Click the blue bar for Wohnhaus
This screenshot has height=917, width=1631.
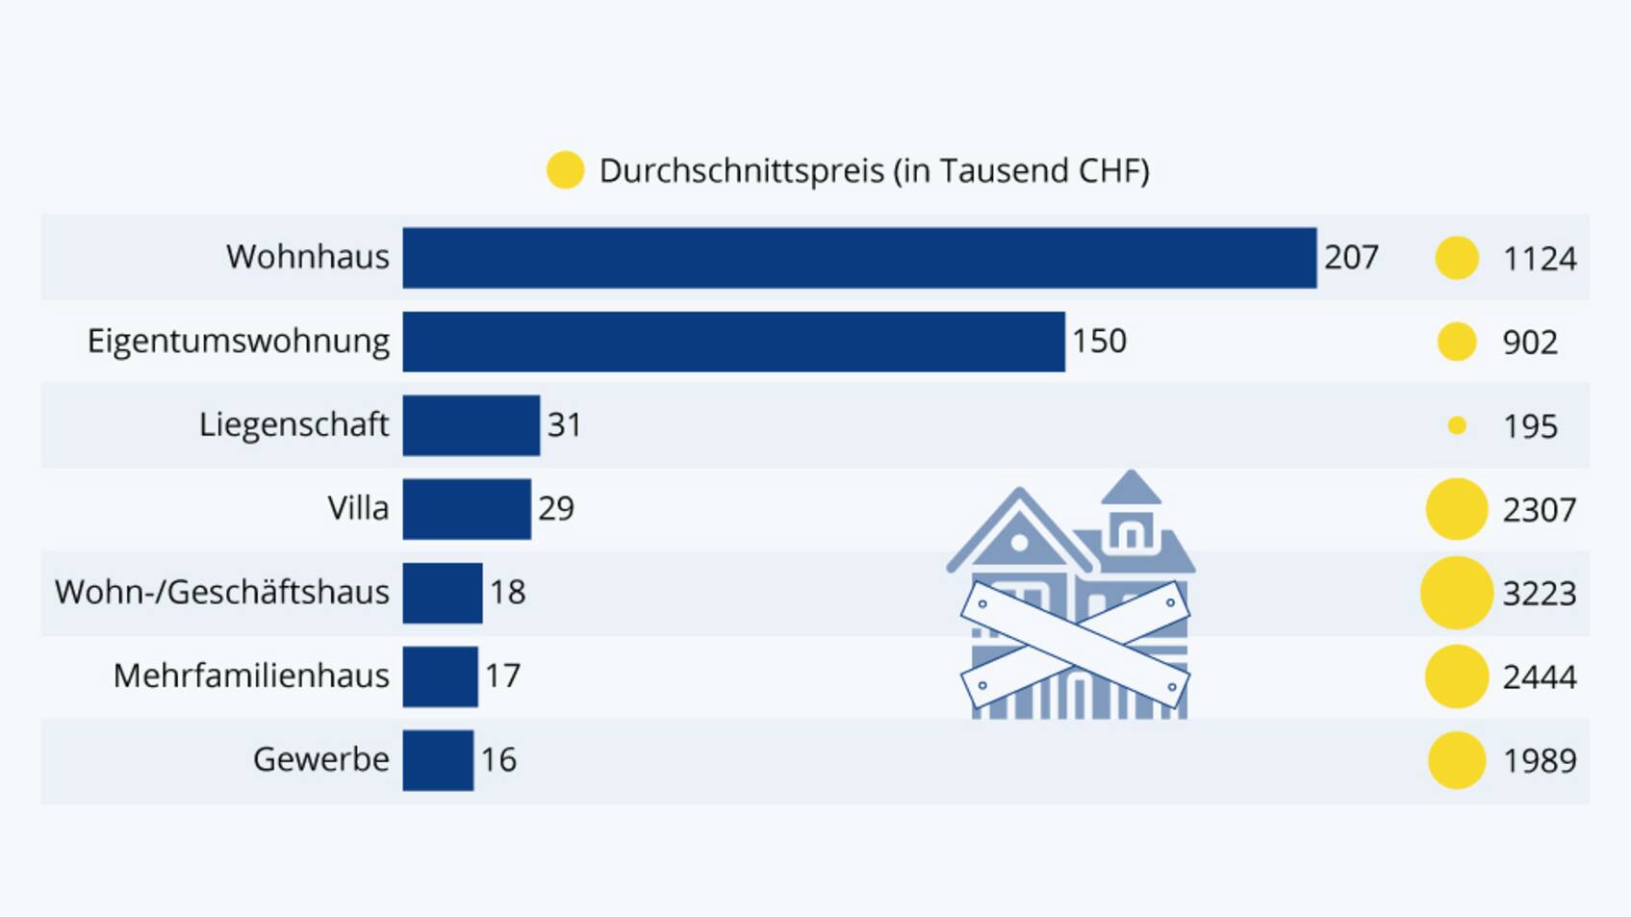pos(859,258)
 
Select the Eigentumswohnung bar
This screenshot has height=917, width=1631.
pos(733,342)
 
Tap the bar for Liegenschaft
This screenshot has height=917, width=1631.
pos(471,425)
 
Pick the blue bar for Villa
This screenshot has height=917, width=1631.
pos(467,509)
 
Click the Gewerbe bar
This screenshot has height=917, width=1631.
pos(438,760)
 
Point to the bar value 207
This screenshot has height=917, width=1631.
pos(1351,258)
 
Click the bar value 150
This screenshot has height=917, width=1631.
pos(1099,342)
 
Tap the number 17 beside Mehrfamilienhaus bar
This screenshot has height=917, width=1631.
pos(502,676)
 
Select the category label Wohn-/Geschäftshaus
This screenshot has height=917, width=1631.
pos(222,593)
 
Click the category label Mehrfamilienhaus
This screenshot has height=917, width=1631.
pos(251,676)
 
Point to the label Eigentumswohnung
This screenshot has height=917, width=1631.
pos(239,342)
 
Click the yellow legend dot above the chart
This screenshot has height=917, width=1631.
pos(565,170)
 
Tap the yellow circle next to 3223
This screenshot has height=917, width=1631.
pos(1456,593)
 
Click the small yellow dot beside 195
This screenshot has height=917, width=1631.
pos(1457,425)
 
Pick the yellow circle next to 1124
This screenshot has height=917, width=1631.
pos(1456,258)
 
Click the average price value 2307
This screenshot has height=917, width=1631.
pos(1540,510)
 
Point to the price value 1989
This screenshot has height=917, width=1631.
pos(1540,761)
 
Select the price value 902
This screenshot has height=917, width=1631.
pos(1530,343)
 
